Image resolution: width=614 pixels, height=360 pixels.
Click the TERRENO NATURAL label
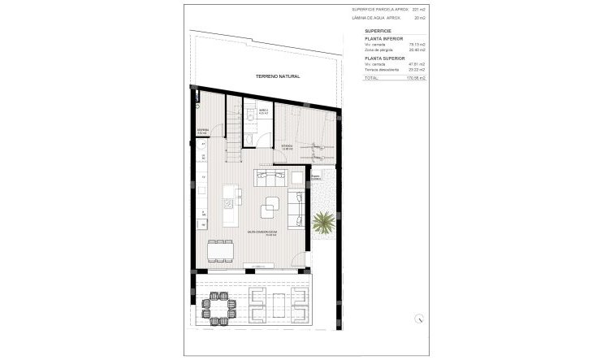coord(278,76)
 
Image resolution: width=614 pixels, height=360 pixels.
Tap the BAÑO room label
coord(264,110)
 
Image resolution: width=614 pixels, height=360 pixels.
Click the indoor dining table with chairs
coord(224,251)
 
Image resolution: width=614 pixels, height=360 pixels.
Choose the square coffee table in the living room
coord(268,210)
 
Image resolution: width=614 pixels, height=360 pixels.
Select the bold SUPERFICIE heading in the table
coord(378,29)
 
